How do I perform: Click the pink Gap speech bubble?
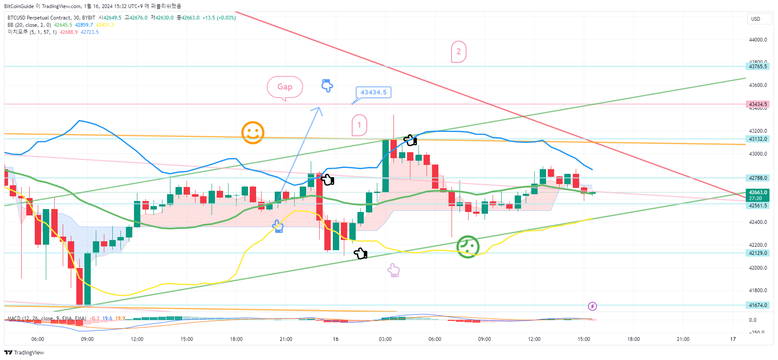click(284, 87)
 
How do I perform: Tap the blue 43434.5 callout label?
click(373, 92)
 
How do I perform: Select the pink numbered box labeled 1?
click(359, 125)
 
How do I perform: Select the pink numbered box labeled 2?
click(458, 52)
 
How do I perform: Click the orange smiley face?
click(253, 133)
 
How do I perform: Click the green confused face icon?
click(468, 247)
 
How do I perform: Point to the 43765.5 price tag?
click(758, 67)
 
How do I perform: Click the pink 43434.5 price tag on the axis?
click(758, 104)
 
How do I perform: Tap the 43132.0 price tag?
click(758, 139)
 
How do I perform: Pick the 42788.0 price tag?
click(758, 178)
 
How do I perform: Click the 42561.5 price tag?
click(758, 206)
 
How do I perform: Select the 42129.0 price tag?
click(758, 253)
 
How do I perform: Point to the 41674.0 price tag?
click(758, 305)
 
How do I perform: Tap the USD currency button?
click(756, 19)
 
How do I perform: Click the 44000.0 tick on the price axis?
click(758, 40)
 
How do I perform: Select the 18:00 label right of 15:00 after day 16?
click(633, 339)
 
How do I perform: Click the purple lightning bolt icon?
click(592, 306)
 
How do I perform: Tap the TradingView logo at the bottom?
click(24, 353)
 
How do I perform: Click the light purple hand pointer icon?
click(394, 270)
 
